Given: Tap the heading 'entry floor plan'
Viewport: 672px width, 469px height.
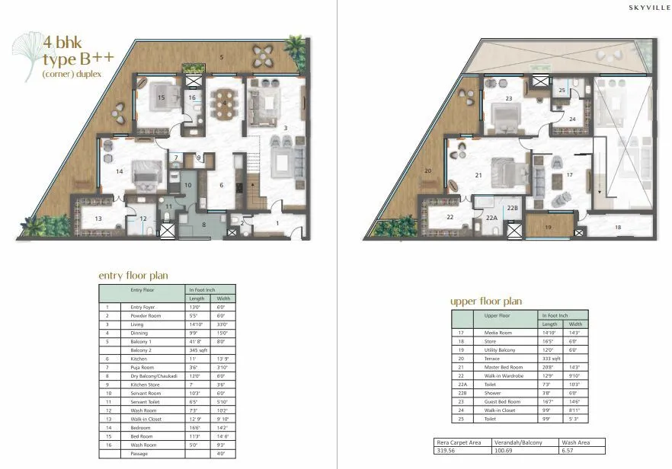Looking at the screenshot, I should (133, 275).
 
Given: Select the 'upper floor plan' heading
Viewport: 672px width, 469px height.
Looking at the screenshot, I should (485, 301).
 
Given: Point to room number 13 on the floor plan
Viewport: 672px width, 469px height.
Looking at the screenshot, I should (98, 219).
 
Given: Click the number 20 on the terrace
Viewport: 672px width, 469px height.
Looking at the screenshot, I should (428, 171).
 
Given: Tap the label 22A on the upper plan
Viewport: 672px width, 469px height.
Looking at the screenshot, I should (491, 218).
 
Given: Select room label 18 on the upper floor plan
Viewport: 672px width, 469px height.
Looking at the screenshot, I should (617, 227).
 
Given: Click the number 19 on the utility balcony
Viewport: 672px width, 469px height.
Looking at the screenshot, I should (547, 227).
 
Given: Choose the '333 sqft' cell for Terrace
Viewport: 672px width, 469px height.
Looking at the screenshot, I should (553, 357).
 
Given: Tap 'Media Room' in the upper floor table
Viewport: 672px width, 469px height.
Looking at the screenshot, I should (495, 332).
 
